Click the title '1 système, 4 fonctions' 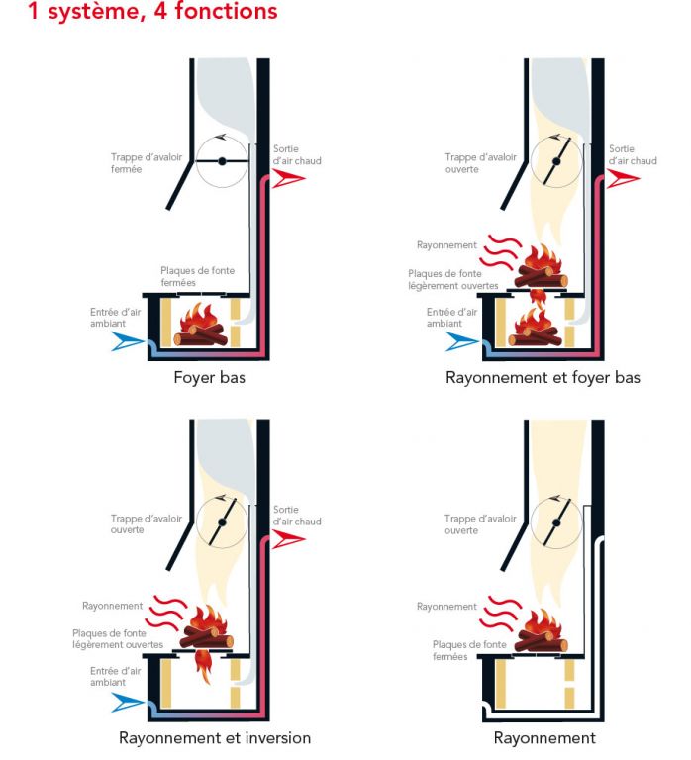tap(153, 13)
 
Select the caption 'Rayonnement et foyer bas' tap(543, 377)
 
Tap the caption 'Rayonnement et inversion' tap(215, 737)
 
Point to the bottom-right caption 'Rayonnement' tap(544, 737)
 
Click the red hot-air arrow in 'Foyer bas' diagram tap(291, 178)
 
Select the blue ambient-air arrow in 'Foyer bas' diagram tap(130, 341)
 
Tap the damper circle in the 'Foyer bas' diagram tap(222, 160)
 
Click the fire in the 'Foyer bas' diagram tap(202, 327)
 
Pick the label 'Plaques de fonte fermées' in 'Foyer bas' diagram tap(198, 276)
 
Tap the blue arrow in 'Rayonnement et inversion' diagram tap(130, 702)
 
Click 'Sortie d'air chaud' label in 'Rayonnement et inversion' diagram tap(297, 515)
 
